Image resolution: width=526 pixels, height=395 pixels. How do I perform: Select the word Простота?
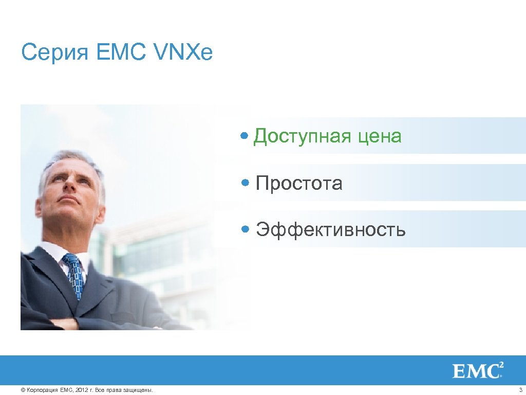[299, 183]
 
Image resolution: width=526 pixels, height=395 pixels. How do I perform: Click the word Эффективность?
[331, 229]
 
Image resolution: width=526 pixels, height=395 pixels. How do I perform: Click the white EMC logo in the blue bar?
[477, 370]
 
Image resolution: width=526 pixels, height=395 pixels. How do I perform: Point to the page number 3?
[520, 390]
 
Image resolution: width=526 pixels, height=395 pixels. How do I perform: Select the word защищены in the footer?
[139, 390]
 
